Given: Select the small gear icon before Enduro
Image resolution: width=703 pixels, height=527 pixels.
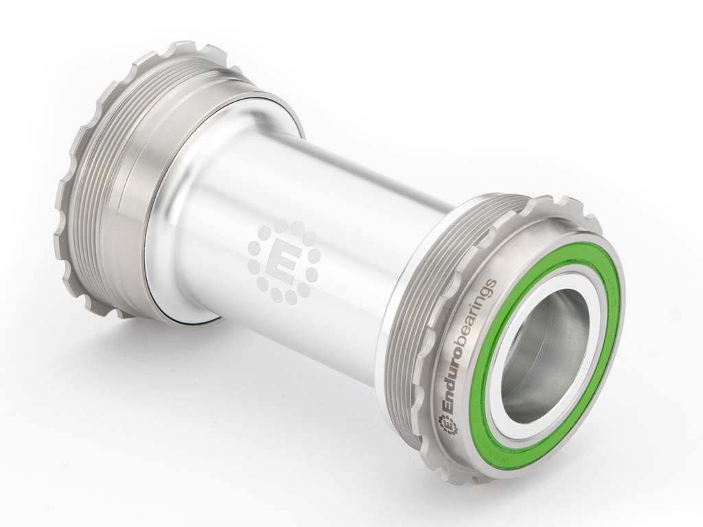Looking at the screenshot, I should pyautogui.click(x=448, y=425).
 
